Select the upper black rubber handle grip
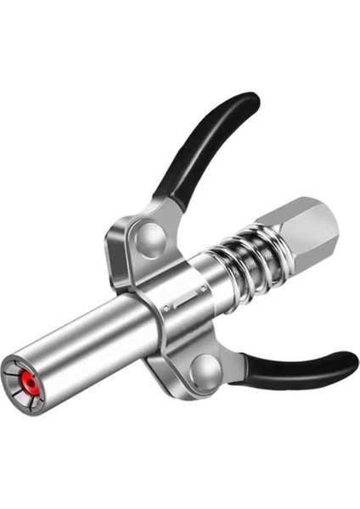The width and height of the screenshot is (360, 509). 208,144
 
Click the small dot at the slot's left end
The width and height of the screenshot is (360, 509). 170,301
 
